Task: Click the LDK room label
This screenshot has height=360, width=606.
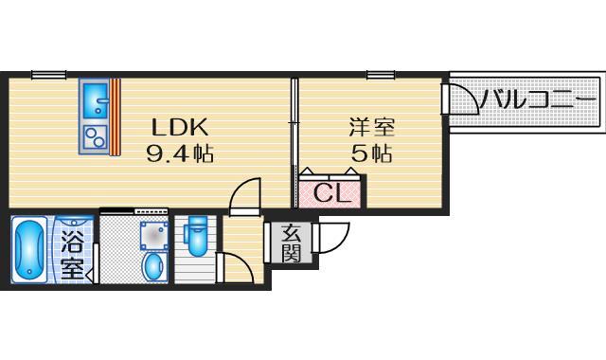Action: pos(177,127)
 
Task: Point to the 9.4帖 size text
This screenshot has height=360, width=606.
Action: pos(178,153)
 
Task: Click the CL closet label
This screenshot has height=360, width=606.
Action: pos(331,196)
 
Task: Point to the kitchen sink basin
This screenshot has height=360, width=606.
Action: pos(95,99)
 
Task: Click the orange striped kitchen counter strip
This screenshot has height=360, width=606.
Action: pos(116,116)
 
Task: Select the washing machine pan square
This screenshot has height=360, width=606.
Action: pos(151,233)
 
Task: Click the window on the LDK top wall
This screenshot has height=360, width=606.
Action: pos(47,75)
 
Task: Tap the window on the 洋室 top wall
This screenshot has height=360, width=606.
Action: pos(381,75)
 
